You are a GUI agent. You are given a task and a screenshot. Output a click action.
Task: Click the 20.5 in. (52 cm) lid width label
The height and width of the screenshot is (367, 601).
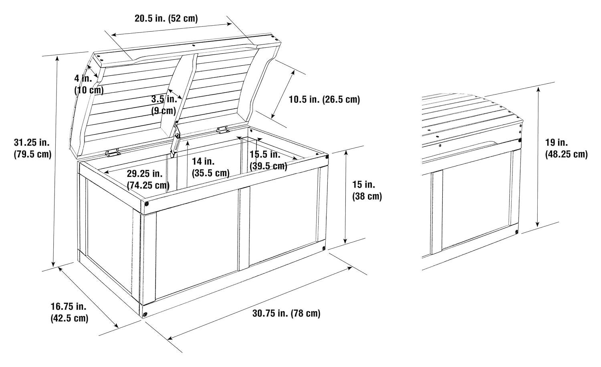click(166, 18)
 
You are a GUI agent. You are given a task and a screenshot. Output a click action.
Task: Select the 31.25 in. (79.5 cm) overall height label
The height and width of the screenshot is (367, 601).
click(32, 148)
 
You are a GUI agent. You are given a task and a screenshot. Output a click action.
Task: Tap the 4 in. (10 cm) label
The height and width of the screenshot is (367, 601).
click(89, 84)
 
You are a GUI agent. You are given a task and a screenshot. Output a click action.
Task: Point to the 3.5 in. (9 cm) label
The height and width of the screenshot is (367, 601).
click(164, 105)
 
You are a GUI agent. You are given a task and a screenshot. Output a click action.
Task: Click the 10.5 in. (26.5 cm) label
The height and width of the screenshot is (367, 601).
click(324, 99)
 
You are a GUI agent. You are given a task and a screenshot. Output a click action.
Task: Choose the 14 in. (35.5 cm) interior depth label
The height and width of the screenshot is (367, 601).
click(211, 167)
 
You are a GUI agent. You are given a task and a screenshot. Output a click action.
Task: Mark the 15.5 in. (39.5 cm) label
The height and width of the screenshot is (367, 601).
click(268, 160)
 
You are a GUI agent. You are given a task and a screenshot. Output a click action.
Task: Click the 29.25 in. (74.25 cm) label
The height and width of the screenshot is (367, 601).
click(148, 179)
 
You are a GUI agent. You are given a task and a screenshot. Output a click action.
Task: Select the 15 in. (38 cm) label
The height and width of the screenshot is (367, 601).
click(367, 190)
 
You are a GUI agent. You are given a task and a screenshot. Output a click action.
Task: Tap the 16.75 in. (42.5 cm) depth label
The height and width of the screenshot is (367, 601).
click(69, 312)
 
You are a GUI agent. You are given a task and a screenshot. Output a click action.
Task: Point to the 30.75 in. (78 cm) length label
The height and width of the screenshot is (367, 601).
click(286, 313)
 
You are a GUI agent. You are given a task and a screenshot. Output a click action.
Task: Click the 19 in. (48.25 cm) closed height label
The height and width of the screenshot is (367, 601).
click(567, 148)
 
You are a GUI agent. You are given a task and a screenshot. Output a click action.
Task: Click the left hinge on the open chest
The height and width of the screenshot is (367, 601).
click(112, 153)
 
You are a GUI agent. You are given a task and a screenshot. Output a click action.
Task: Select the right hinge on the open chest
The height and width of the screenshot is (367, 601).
click(222, 130)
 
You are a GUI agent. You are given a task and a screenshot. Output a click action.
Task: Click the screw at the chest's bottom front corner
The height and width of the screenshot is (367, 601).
click(145, 314)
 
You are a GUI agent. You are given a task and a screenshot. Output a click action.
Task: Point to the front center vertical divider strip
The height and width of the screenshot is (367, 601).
click(244, 229)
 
